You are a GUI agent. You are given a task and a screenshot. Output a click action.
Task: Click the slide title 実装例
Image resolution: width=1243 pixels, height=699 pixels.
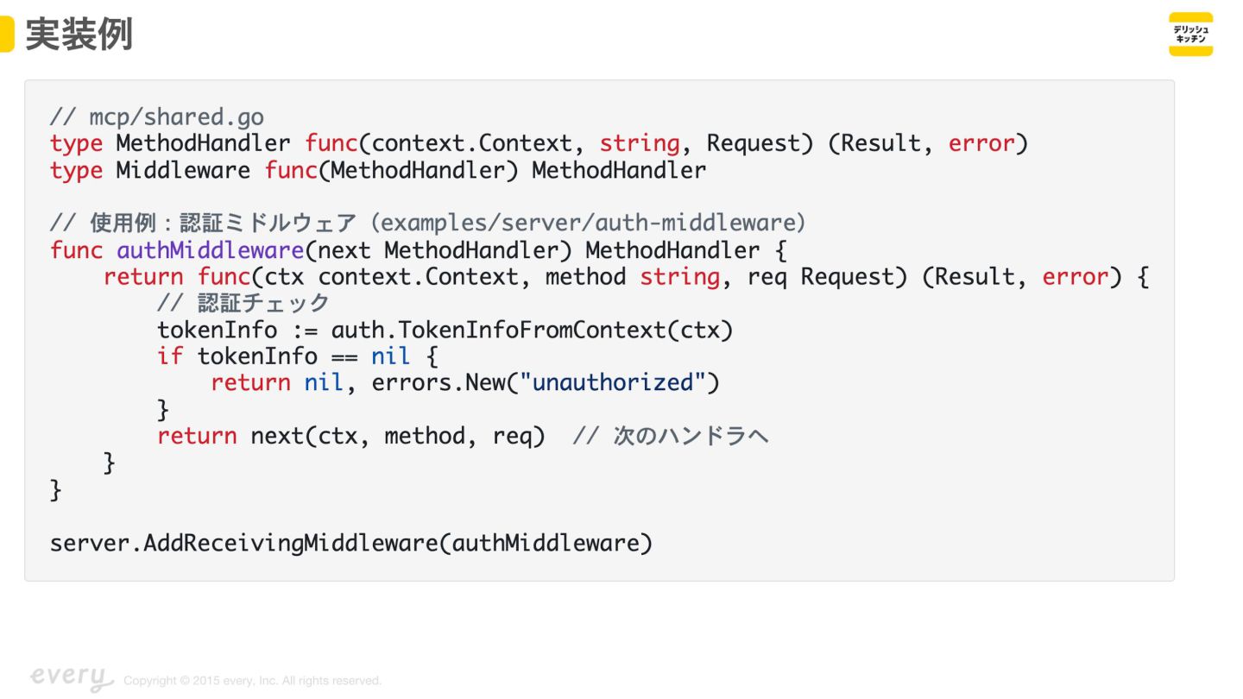pyautogui.click(x=79, y=35)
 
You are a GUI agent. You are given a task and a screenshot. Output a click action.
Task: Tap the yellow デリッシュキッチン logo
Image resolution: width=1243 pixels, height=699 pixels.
pyautogui.click(x=1190, y=35)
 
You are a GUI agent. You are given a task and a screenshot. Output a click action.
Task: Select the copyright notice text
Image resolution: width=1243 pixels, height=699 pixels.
pyautogui.click(x=252, y=681)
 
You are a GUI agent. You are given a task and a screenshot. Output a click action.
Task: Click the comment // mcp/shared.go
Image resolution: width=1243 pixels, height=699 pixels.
pyautogui.click(x=156, y=116)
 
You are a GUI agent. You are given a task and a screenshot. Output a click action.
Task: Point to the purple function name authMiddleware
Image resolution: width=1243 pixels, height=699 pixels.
pyautogui.click(x=210, y=250)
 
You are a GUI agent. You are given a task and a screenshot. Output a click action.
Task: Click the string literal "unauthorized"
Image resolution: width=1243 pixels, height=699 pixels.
pyautogui.click(x=613, y=382)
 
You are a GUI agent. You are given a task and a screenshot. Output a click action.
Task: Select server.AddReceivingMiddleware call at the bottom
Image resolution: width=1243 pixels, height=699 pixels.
pyautogui.click(x=350, y=543)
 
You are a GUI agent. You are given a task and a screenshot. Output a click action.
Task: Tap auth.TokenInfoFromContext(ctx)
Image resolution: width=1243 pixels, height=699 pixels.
pyautogui.click(x=532, y=330)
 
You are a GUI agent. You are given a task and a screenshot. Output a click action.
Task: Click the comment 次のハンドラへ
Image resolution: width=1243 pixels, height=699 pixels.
pyautogui.click(x=690, y=436)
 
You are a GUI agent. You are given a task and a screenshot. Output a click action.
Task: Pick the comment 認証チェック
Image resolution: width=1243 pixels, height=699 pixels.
pyautogui.click(x=262, y=303)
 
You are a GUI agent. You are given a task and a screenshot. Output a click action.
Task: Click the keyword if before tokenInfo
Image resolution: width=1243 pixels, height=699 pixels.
pyautogui.click(x=170, y=356)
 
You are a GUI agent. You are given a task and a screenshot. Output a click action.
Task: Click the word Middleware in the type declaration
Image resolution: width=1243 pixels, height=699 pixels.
pyautogui.click(x=183, y=170)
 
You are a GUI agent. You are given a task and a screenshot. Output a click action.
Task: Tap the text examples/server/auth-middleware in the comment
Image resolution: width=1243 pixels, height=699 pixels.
pyautogui.click(x=591, y=224)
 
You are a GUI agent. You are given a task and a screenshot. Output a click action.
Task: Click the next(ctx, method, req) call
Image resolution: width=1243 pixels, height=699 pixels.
pyautogui.click(x=398, y=436)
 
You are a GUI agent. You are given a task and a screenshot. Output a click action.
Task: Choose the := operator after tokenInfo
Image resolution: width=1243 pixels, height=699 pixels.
pyautogui.click(x=304, y=330)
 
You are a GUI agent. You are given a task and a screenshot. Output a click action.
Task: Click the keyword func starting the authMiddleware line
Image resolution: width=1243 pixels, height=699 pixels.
pyautogui.click(x=76, y=250)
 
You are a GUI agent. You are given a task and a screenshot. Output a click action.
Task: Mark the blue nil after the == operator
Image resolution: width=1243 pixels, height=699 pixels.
pyautogui.click(x=390, y=356)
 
